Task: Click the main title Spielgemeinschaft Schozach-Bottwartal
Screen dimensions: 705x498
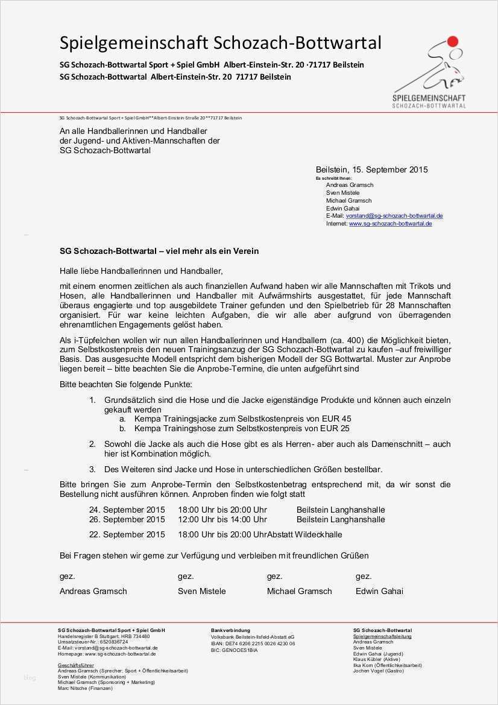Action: click(220, 43)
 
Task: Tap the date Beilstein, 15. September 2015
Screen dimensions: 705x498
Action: click(371, 170)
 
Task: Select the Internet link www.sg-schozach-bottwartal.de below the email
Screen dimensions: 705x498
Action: click(390, 224)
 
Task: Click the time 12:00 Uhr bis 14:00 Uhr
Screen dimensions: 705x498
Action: click(222, 519)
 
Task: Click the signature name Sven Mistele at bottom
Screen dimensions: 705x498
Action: click(202, 591)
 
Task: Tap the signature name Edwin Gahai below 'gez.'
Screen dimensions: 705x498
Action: click(379, 591)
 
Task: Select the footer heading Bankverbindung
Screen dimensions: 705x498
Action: click(230, 630)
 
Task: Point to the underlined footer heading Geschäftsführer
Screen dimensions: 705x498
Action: click(72, 665)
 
